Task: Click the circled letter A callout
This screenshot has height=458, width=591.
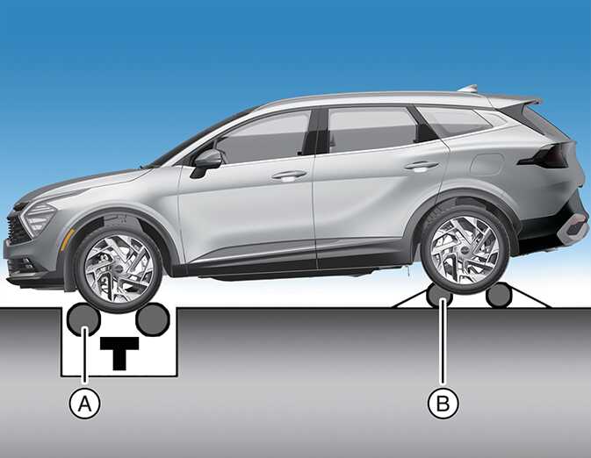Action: [85, 404]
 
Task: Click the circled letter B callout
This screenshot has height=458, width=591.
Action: [443, 404]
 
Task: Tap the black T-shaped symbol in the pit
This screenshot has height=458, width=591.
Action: [119, 353]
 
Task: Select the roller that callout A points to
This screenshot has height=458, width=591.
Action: [83, 319]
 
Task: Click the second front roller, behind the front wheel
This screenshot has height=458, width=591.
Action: [152, 319]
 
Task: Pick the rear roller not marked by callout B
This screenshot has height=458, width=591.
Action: [498, 296]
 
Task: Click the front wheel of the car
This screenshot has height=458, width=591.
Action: [118, 269]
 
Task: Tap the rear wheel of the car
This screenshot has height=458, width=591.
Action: [465, 250]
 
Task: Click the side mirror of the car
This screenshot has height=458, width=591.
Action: [205, 162]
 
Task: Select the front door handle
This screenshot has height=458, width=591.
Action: [289, 175]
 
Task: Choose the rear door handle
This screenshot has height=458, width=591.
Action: [421, 165]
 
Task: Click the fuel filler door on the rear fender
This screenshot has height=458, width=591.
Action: [487, 164]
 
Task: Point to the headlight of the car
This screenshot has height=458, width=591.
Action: [38, 217]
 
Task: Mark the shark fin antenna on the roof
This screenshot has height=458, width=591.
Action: [468, 89]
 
